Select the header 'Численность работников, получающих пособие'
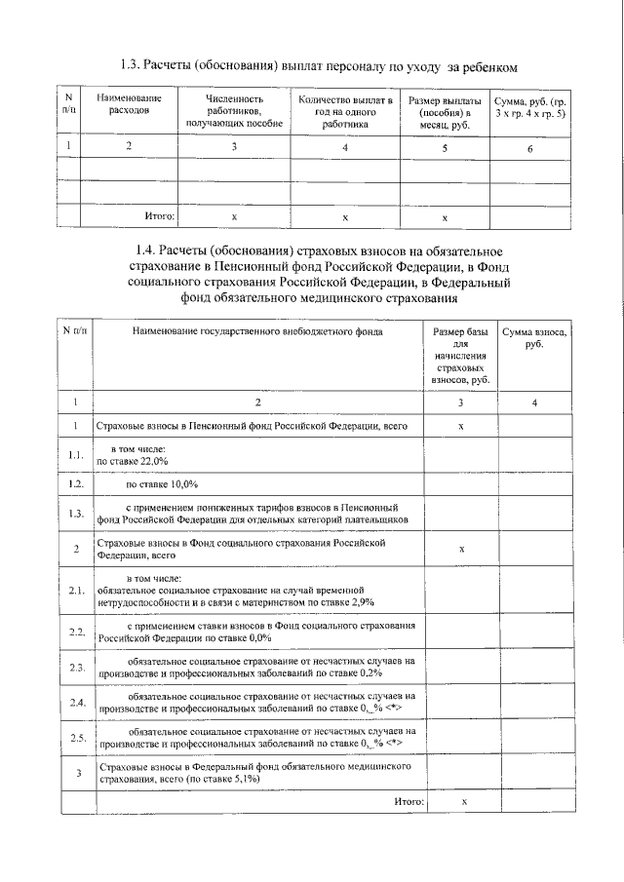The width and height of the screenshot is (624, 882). [x=234, y=111]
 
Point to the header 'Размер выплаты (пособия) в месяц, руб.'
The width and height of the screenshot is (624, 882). [x=444, y=111]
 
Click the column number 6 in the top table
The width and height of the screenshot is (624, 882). [x=529, y=149]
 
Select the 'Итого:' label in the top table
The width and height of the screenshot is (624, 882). [x=159, y=215]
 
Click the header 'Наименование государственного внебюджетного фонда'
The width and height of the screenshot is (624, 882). [x=258, y=331]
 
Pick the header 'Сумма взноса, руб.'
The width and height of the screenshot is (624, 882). [x=533, y=338]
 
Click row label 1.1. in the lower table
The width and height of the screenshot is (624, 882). [x=77, y=456]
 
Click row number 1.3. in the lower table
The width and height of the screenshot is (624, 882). [x=77, y=514]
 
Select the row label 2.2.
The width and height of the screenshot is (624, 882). [x=77, y=633]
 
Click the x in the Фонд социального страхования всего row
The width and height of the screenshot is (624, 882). [x=461, y=549]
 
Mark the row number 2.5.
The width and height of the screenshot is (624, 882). [x=77, y=737]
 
